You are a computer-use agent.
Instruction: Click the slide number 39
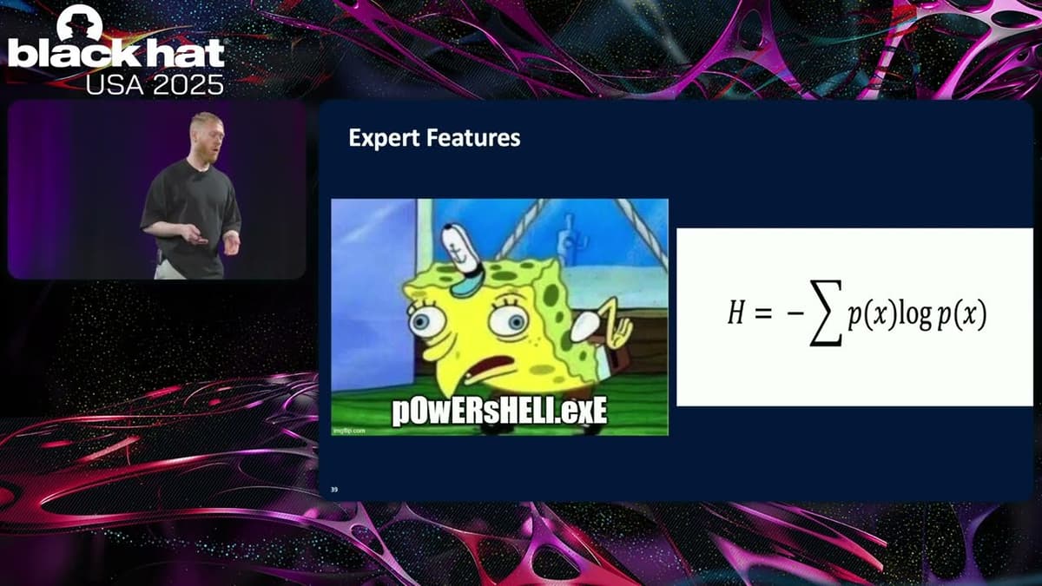pyautogui.click(x=334, y=491)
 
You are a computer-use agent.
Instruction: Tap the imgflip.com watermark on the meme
pyautogui.click(x=350, y=430)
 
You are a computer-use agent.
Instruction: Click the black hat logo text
pyautogui.click(x=115, y=54)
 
